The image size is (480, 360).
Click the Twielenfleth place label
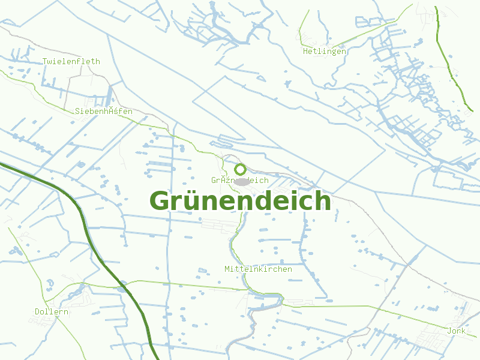[x=71, y=61]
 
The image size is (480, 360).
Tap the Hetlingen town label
[x=324, y=51]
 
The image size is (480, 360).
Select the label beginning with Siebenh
[x=103, y=111]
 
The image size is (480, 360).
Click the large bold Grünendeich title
[x=240, y=200]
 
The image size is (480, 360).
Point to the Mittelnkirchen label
[x=258, y=269]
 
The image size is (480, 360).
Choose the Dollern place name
[x=51, y=311]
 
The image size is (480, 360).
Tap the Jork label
[x=456, y=331]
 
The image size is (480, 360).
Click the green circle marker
[x=240, y=169]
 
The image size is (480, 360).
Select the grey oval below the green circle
[x=241, y=181]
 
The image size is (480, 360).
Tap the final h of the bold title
[x=322, y=200]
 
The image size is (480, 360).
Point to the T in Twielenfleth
[x=45, y=61]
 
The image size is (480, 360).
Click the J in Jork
[x=449, y=331]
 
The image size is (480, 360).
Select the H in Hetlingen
[x=305, y=51]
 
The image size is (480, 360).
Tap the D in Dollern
[x=38, y=311]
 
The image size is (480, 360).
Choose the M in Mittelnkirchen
[x=227, y=269]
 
